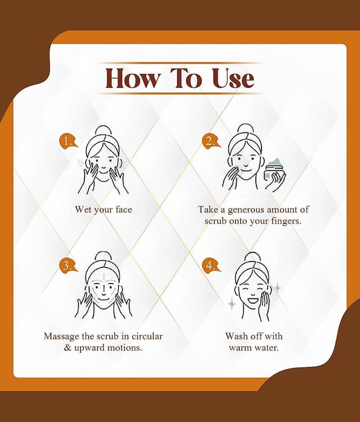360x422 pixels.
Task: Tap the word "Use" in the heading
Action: click(x=233, y=78)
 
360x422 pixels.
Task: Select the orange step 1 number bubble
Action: click(x=68, y=141)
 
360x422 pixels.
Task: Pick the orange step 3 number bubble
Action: click(x=68, y=265)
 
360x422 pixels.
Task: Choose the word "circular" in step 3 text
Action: click(x=147, y=336)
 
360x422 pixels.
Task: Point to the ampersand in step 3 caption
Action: click(x=67, y=348)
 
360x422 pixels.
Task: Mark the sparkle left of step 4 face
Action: click(x=232, y=304)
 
